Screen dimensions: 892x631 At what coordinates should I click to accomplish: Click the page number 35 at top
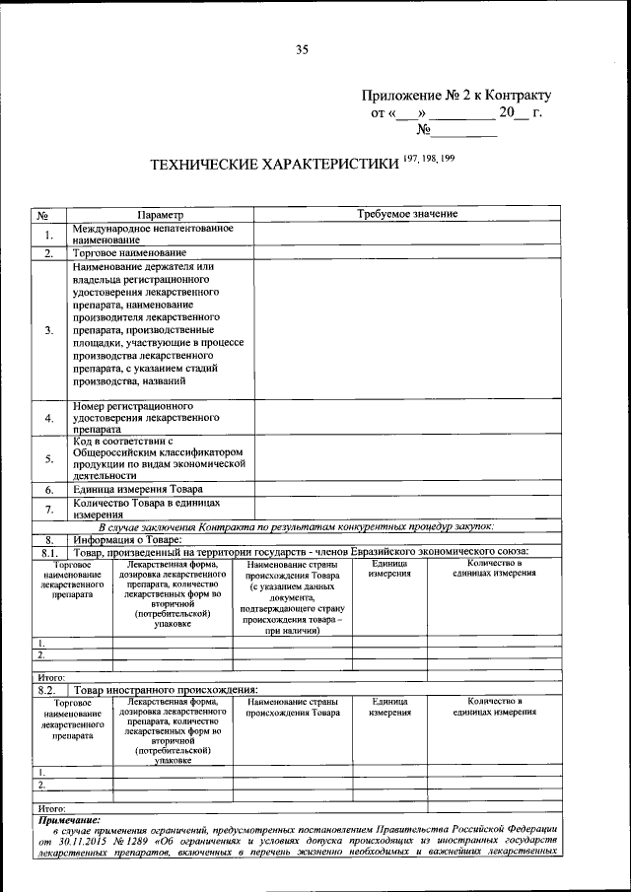click(302, 50)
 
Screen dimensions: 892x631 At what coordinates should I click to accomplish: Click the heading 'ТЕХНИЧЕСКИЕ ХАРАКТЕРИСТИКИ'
click(273, 165)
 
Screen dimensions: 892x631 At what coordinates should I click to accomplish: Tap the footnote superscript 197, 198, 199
click(429, 159)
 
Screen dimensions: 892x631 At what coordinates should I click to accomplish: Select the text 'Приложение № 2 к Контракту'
click(456, 96)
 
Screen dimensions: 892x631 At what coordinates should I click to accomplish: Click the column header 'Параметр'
click(160, 214)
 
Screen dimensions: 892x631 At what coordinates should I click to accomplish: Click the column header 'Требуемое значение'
click(406, 214)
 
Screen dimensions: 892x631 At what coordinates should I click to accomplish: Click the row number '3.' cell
click(49, 330)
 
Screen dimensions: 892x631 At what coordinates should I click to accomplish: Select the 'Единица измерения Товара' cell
click(138, 489)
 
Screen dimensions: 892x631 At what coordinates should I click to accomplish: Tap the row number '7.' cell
click(49, 509)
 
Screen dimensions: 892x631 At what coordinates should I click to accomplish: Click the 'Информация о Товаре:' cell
click(126, 539)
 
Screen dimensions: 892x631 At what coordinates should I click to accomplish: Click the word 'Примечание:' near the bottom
click(70, 818)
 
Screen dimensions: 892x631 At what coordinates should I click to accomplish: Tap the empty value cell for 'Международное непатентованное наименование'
click(406, 234)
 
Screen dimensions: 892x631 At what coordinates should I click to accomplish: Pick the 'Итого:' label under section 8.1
click(50, 678)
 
